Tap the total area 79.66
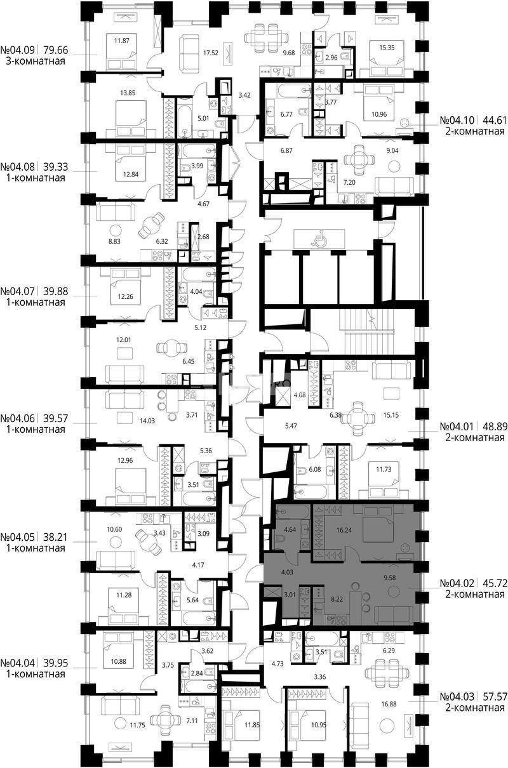tap(56, 50)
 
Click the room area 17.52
tap(211, 53)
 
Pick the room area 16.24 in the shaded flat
tap(344, 530)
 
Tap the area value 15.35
tap(387, 48)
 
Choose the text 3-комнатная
tap(36, 62)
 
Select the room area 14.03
tap(147, 421)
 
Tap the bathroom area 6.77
tap(286, 114)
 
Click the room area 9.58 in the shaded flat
tap(390, 578)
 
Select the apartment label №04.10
tap(457, 121)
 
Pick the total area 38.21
tap(56, 537)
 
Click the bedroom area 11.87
tap(122, 41)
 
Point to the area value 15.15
tap(391, 415)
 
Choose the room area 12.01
tap(123, 340)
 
